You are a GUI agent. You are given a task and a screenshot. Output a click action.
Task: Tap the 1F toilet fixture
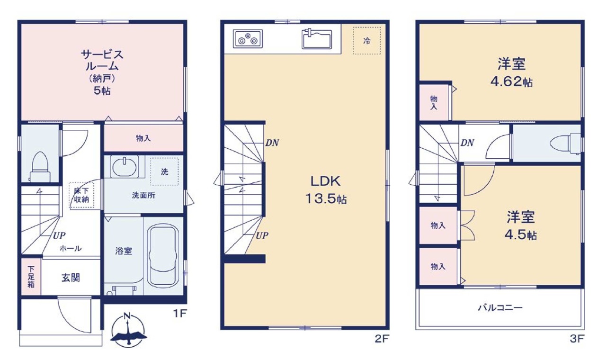[x=40, y=167]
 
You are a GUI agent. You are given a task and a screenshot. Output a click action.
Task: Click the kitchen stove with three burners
[x=248, y=39]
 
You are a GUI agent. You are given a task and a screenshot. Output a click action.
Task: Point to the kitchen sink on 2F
[x=317, y=39]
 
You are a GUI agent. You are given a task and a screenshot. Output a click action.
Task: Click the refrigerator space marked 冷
[x=367, y=41]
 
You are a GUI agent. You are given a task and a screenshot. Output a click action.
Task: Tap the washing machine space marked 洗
[x=164, y=171]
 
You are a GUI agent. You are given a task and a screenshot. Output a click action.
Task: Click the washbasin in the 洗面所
[x=125, y=167]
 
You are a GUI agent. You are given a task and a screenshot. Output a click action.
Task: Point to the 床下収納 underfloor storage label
[x=81, y=195]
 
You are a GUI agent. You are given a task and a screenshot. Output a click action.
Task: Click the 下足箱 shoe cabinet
[x=31, y=277]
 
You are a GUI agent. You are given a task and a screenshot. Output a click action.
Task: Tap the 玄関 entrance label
[x=71, y=278]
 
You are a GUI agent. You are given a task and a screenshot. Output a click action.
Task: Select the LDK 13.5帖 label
[x=326, y=189]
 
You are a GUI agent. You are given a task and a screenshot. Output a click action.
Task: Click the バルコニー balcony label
[x=500, y=308]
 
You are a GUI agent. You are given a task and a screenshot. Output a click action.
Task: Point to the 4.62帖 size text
[x=512, y=82]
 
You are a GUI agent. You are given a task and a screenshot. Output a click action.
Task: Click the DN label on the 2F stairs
[x=272, y=143]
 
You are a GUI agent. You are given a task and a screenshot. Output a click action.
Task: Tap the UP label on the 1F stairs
[x=59, y=236]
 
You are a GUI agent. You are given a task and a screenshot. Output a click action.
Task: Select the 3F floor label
[x=577, y=339]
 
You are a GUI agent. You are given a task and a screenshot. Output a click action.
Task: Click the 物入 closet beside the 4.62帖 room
[x=434, y=102]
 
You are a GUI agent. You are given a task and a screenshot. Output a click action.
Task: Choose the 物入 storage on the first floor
[x=143, y=138]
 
